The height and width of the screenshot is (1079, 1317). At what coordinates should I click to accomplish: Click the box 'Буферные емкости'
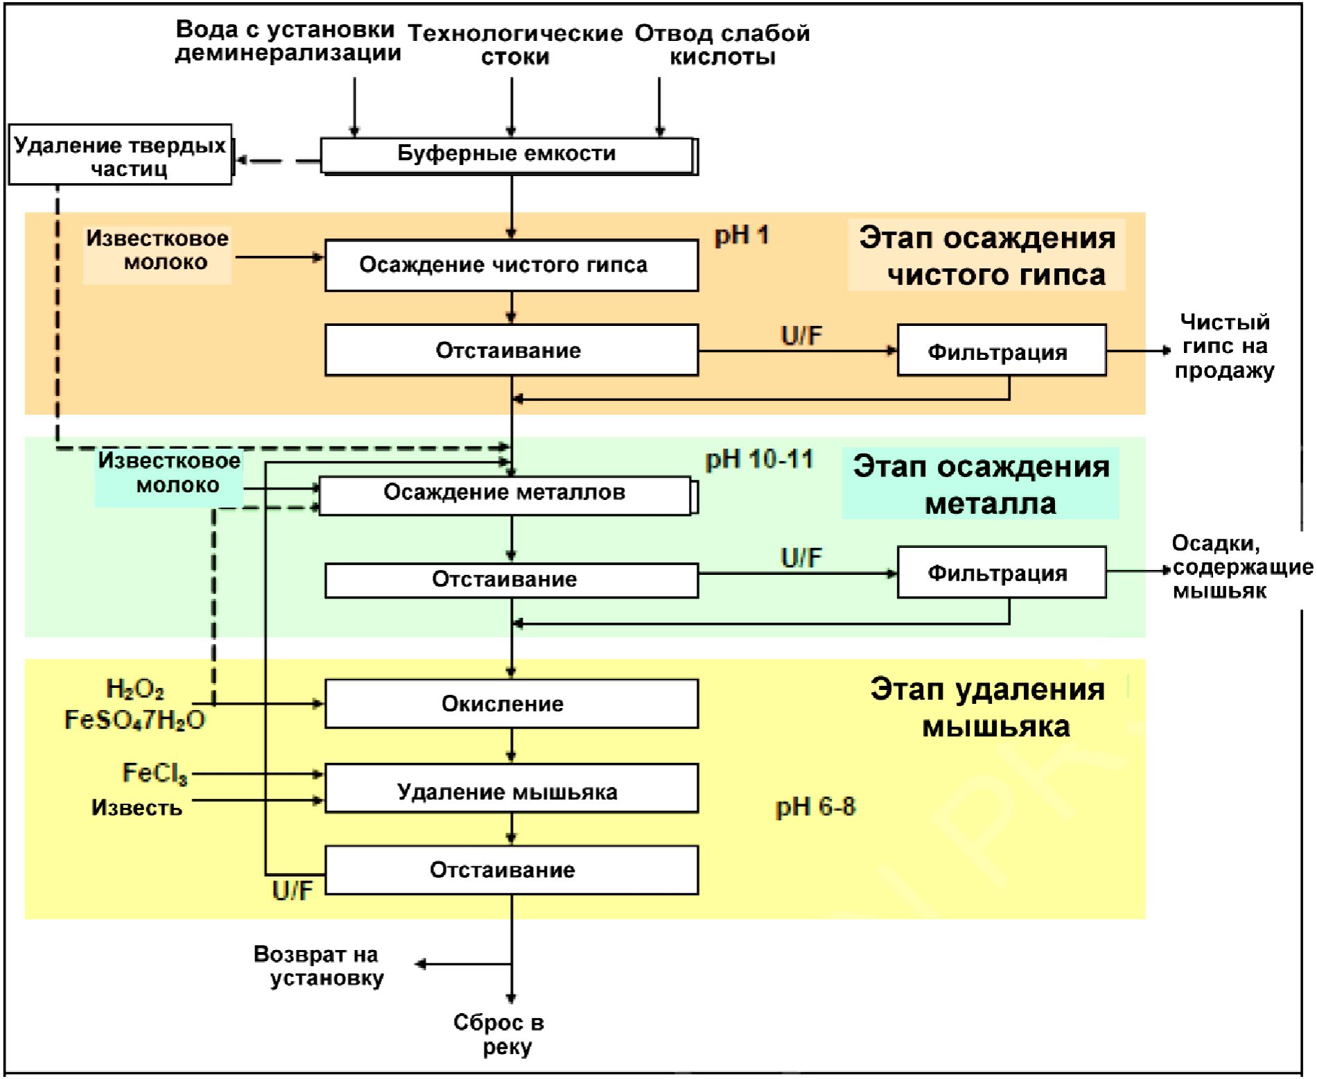tap(507, 155)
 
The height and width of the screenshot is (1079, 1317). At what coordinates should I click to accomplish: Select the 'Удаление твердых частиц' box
tap(120, 155)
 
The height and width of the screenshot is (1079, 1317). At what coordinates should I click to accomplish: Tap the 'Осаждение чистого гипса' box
tap(511, 265)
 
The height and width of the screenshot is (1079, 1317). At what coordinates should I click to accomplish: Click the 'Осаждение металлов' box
tap(505, 494)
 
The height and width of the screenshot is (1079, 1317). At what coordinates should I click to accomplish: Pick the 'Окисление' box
tap(511, 704)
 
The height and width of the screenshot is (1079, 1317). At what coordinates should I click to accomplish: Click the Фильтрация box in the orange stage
tap(1001, 351)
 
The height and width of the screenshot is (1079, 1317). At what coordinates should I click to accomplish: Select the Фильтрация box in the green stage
tap(1001, 573)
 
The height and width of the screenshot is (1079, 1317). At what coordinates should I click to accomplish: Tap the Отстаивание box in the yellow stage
tap(511, 870)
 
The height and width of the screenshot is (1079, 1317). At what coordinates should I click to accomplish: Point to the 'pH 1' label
tap(742, 236)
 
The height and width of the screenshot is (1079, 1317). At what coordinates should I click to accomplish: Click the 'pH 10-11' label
tap(759, 460)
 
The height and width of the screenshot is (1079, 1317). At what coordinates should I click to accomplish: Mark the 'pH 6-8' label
tap(815, 806)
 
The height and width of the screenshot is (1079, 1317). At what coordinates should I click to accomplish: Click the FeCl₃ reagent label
tap(155, 773)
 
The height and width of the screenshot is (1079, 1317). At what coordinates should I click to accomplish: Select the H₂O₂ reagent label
tap(134, 689)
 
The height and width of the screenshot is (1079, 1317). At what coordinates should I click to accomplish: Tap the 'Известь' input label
tap(137, 808)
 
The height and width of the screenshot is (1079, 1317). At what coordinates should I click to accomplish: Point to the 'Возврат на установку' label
tap(319, 966)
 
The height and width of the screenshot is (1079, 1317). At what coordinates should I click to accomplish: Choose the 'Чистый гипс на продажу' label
tap(1224, 346)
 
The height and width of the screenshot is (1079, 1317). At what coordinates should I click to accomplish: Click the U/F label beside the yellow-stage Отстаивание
tap(292, 890)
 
